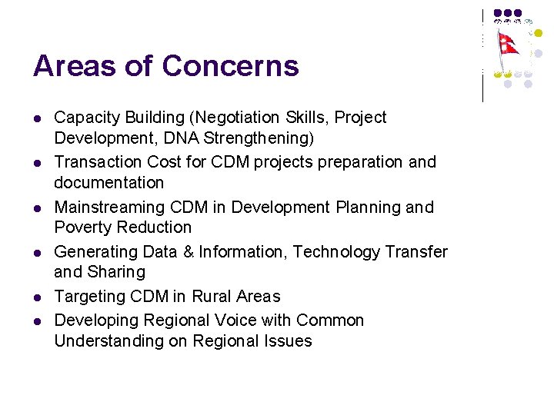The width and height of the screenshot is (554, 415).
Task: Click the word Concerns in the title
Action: point(230,66)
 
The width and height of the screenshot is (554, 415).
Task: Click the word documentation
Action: point(108,183)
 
